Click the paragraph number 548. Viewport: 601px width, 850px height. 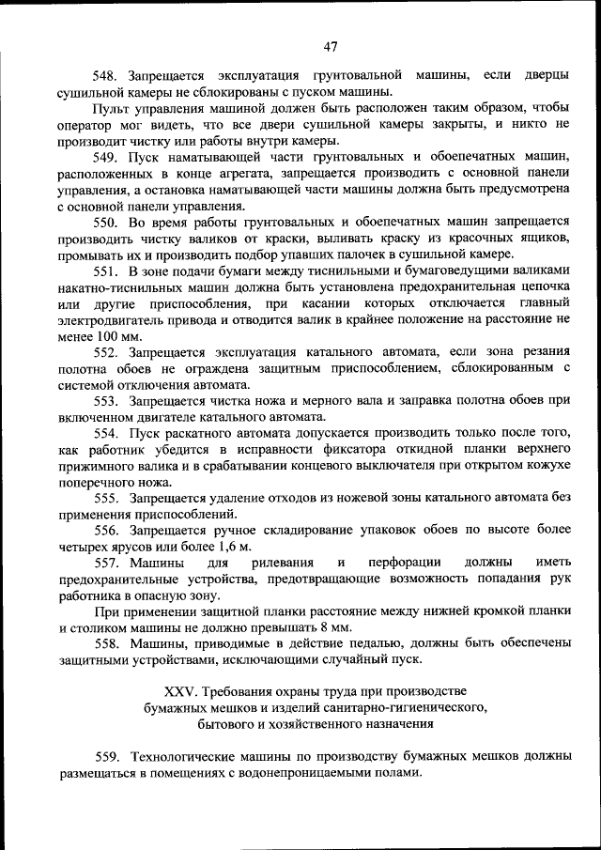tap(103, 75)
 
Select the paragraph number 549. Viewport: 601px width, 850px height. tap(103, 156)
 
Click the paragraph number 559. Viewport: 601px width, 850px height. tap(110, 757)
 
